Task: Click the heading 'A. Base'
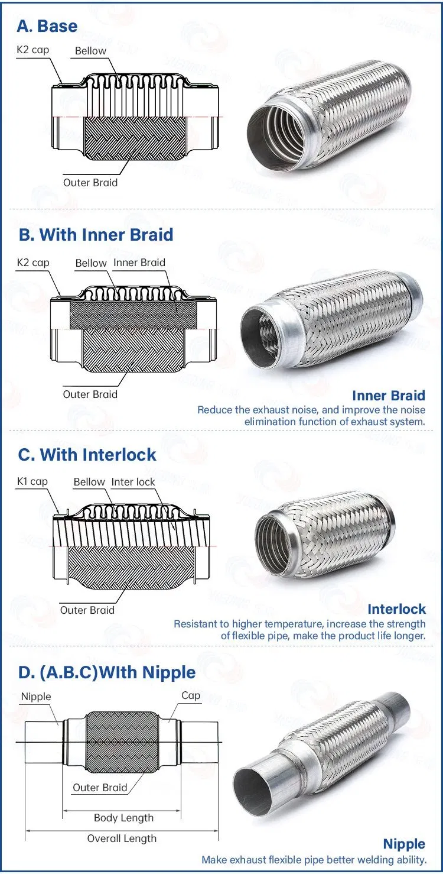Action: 47,26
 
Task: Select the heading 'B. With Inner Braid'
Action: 96,234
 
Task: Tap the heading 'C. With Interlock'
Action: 87,454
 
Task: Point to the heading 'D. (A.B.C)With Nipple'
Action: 106,672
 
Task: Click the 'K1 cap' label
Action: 32,481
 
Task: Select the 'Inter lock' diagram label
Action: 133,482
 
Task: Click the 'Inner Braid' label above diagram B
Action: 139,262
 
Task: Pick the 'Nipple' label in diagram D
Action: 36,697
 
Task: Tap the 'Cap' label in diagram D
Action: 190,695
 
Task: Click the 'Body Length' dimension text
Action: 123,818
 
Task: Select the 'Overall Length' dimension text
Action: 122,839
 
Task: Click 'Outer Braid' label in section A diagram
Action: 90,183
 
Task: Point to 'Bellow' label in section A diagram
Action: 90,51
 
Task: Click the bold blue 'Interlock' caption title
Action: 396,609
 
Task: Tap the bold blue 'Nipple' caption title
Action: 404,844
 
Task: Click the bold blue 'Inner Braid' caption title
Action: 389,396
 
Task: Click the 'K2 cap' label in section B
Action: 32,262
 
